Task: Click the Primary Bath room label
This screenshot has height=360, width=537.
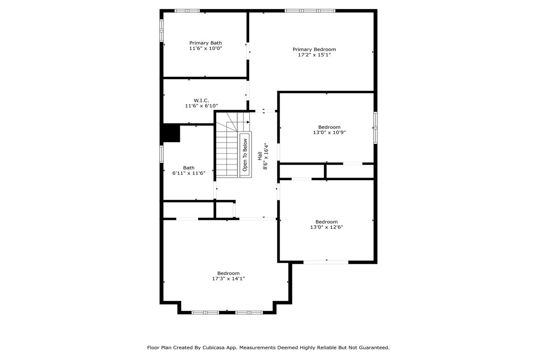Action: pos(205,43)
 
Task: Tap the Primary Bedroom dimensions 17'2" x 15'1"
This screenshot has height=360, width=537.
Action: pos(314,55)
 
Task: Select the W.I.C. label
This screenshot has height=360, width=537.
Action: pos(201,100)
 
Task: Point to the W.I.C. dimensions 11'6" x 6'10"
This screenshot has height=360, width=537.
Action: pos(201,106)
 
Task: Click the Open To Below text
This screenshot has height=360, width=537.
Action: pos(245,155)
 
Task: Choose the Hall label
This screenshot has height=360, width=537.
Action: pos(260,156)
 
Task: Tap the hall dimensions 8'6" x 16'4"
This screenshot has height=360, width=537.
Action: pos(265,156)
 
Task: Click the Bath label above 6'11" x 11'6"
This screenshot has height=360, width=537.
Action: pos(189,168)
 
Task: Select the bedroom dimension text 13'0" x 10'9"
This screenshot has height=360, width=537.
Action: pos(329,132)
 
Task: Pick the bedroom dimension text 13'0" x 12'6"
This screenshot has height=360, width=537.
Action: pos(327,227)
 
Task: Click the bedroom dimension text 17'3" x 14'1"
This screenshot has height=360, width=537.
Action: pos(229,279)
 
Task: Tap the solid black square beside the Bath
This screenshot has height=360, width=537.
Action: pos(171,133)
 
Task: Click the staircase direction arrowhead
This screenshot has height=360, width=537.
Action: pos(248,122)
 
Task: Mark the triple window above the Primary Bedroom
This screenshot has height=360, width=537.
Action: pos(310,11)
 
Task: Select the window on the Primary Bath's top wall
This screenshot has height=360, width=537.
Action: pos(187,11)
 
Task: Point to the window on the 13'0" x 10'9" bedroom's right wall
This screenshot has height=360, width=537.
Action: pos(375,127)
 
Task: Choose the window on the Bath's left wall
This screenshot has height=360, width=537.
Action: pos(162,154)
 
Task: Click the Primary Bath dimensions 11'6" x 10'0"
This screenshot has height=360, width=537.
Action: pos(206,48)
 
